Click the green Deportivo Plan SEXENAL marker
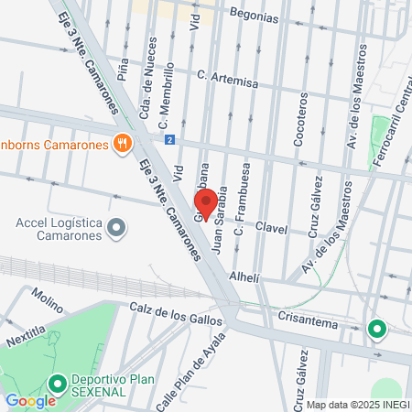coord(57,383)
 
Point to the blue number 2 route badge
coord(169,140)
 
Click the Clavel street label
coord(271,228)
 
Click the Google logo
coord(30,399)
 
